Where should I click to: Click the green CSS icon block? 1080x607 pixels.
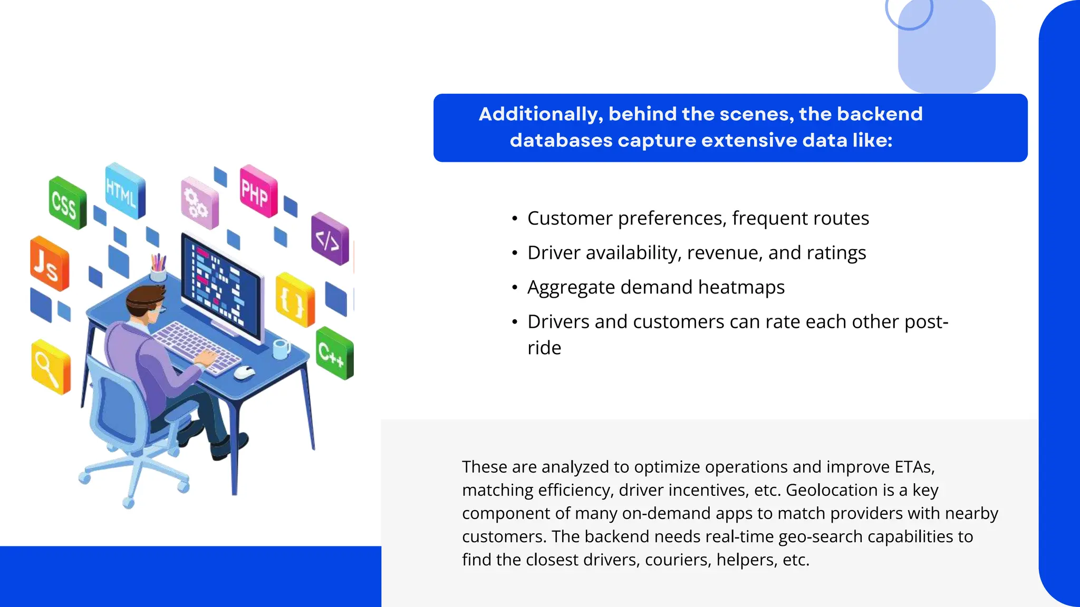(67, 203)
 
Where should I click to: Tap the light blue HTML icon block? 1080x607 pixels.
(124, 191)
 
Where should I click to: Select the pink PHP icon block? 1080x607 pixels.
(258, 191)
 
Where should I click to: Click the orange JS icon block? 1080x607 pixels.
(49, 264)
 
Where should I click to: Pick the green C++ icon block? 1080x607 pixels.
(334, 353)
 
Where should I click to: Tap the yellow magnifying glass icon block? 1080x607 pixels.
(50, 367)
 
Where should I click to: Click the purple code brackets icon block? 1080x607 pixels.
(330, 239)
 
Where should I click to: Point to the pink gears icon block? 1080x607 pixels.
(199, 203)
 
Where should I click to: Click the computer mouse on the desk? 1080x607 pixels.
(244, 373)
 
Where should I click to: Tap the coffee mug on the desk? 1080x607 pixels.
(281, 349)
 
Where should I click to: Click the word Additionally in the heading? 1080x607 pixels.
(540, 114)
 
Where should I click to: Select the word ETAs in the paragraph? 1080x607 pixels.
(914, 467)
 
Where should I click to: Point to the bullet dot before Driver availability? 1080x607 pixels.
(515, 254)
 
